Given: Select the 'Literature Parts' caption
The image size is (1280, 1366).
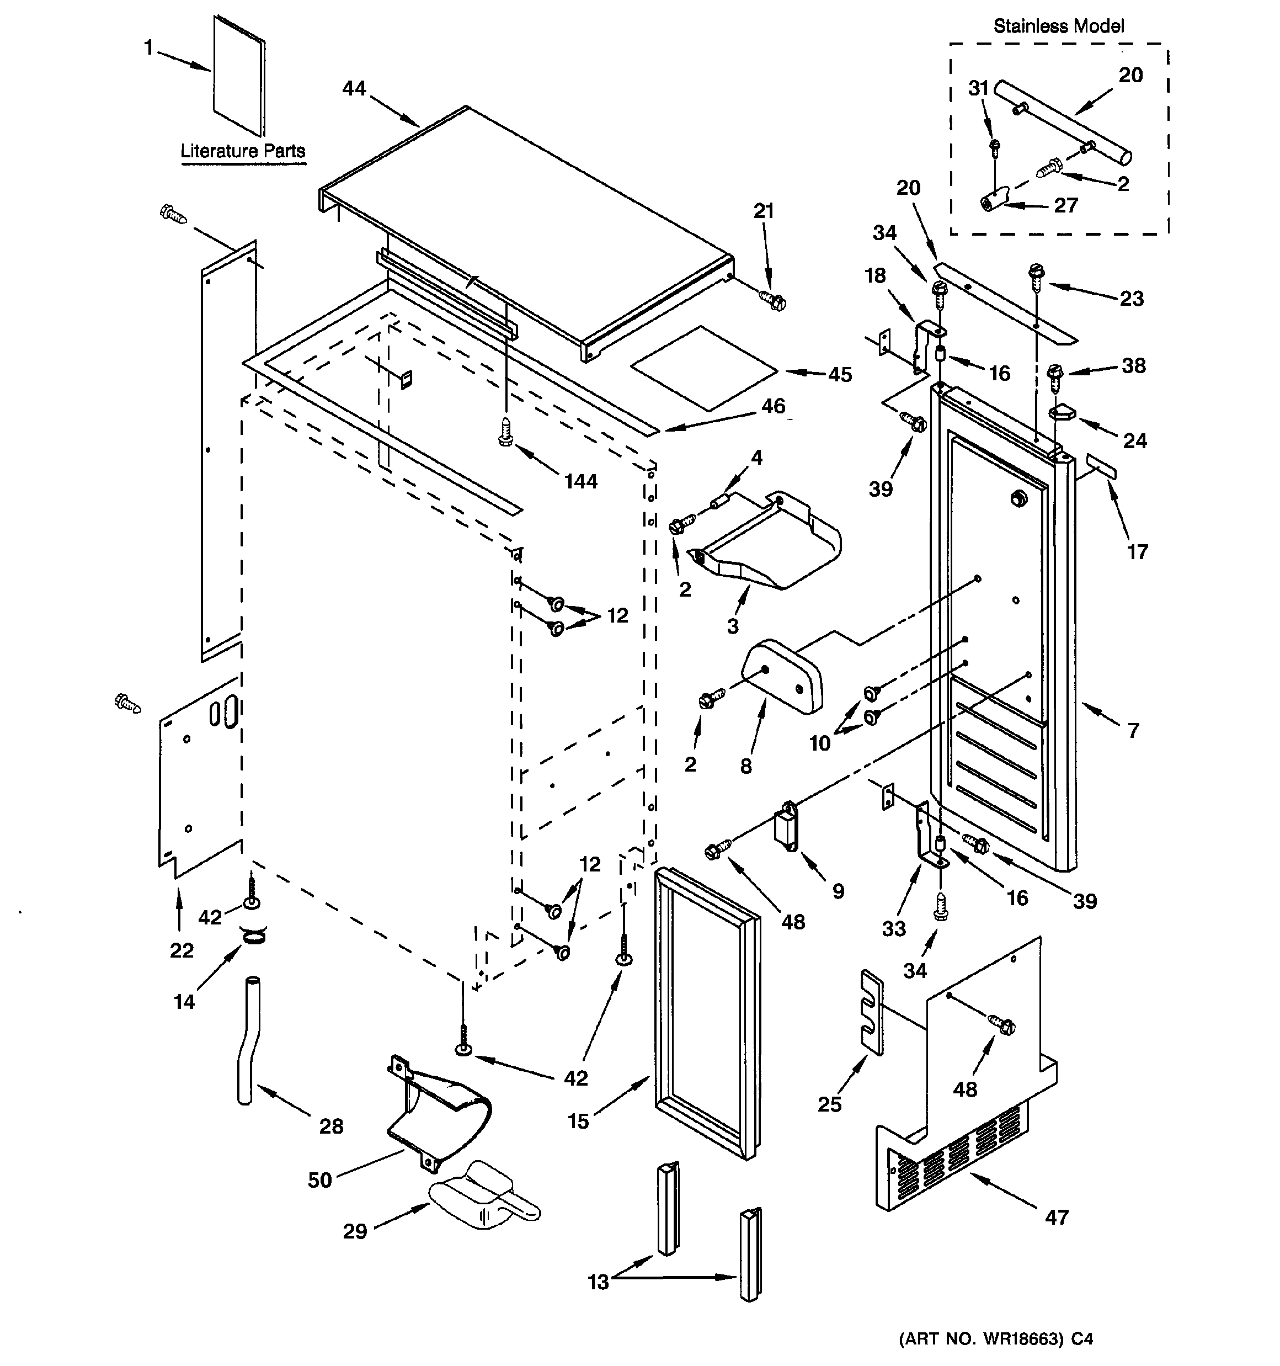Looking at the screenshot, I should click(x=243, y=151).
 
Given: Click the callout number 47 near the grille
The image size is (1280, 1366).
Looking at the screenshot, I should click(x=1056, y=1218).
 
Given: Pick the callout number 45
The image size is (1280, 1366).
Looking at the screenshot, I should click(x=840, y=375).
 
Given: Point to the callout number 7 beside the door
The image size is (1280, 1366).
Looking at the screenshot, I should click(x=1133, y=730).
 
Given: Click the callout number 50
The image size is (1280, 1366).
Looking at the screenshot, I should click(x=319, y=1180).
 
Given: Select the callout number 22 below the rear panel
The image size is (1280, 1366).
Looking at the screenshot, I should click(x=182, y=950).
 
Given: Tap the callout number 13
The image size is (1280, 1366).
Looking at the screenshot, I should click(x=598, y=1282).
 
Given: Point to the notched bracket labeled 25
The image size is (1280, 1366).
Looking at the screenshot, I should click(x=871, y=1012).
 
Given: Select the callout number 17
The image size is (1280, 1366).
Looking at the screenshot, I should click(x=1137, y=552).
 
